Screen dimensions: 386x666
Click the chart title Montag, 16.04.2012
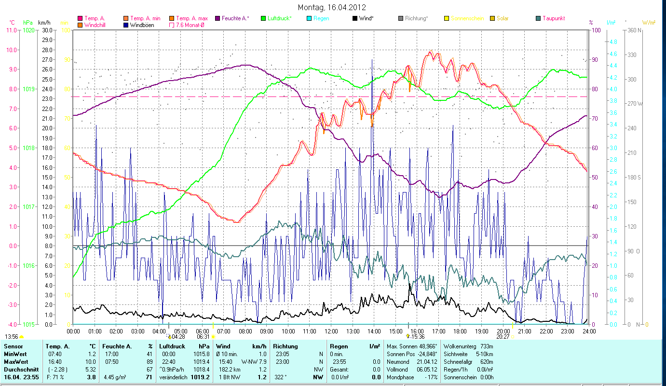click(332, 7)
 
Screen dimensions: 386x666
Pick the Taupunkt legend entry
click(553, 18)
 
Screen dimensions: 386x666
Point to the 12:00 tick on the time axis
click(331, 331)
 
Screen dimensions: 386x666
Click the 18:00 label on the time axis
click(460, 331)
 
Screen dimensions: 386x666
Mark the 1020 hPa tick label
click(28, 30)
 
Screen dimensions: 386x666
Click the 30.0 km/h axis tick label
click(47, 30)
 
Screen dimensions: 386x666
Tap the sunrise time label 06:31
click(203, 337)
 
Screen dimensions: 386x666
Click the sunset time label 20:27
click(503, 337)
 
